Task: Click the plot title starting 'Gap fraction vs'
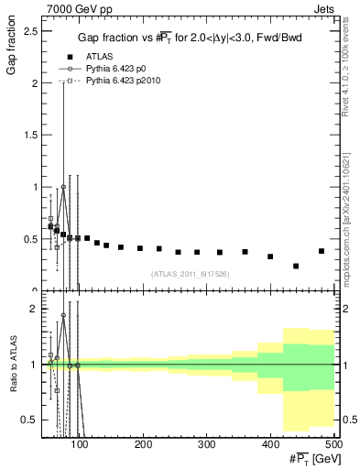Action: pyautogui.click(x=187, y=38)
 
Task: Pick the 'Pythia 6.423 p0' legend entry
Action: pyautogui.click(x=119, y=69)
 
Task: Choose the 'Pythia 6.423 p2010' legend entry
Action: pyautogui.click(x=125, y=82)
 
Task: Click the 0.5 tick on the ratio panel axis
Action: pyautogui.click(x=32, y=420)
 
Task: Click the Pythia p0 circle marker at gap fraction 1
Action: pyautogui.click(x=63, y=187)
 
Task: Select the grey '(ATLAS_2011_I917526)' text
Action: pyautogui.click(x=189, y=274)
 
